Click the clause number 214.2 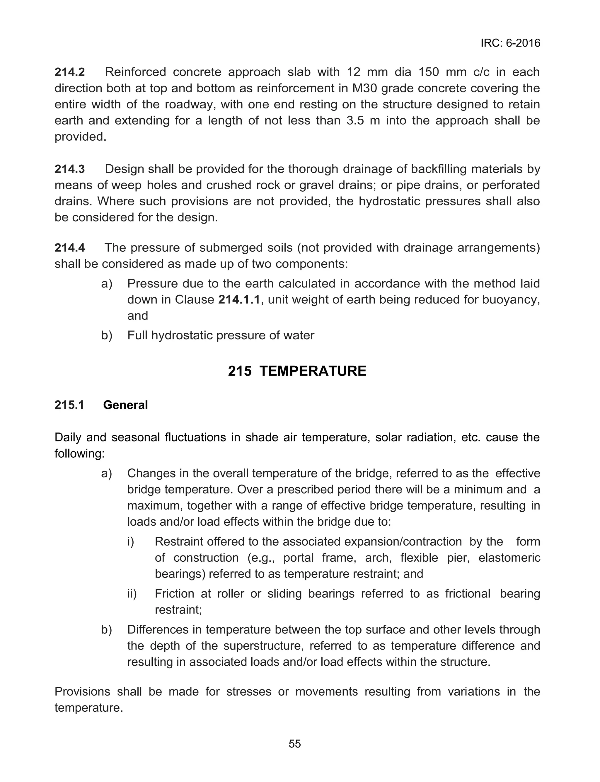pyautogui.click(x=70, y=72)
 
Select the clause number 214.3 pyautogui.click(x=70, y=169)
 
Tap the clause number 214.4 pyautogui.click(x=70, y=248)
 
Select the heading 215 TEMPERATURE pyautogui.click(x=297, y=371)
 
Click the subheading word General pyautogui.click(x=125, y=405)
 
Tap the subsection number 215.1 pyautogui.click(x=69, y=405)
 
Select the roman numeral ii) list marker pyautogui.click(x=132, y=594)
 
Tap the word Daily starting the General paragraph pyautogui.click(x=68, y=437)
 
